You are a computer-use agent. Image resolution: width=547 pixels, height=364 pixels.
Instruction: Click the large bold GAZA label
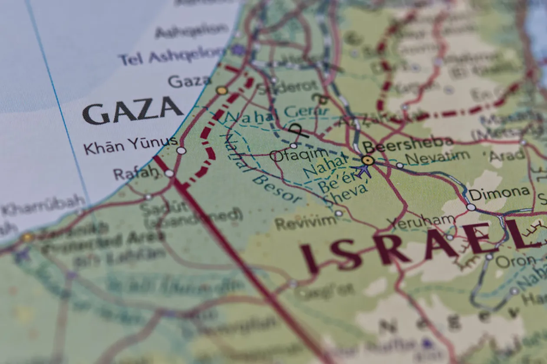[x=132, y=111]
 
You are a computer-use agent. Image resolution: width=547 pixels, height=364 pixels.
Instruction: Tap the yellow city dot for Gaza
[x=222, y=91]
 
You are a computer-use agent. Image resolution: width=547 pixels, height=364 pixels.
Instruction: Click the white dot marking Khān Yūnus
[x=181, y=150]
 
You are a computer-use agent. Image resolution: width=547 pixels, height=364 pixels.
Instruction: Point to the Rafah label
[x=135, y=173]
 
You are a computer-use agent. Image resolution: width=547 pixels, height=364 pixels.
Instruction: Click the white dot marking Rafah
[x=169, y=173]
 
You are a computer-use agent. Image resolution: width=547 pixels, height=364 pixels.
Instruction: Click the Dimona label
[x=499, y=193]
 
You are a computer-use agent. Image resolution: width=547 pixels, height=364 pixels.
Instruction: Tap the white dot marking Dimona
[x=471, y=207]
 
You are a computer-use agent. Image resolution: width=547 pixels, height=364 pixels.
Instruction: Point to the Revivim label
[x=306, y=223]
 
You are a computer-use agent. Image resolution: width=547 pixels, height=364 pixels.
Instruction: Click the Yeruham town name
[x=421, y=222]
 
